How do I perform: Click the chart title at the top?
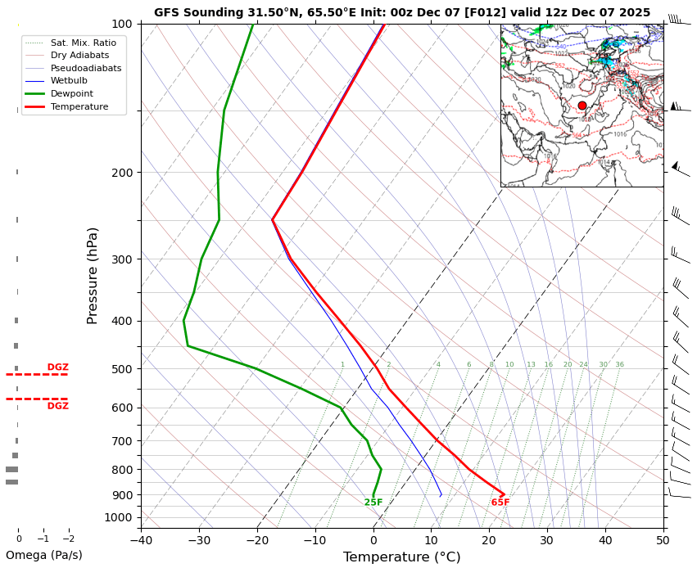click(x=401, y=12)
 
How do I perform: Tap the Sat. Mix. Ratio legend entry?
click(x=83, y=42)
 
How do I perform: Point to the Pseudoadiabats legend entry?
click(x=85, y=68)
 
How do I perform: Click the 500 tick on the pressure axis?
click(x=123, y=369)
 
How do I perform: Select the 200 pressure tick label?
click(x=123, y=173)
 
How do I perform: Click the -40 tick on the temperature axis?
click(x=141, y=539)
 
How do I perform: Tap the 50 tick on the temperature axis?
click(x=663, y=539)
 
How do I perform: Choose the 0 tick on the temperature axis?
click(x=373, y=539)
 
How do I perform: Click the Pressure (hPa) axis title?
click(x=93, y=275)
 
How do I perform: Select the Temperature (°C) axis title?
click(x=401, y=557)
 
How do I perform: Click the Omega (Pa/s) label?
click(x=44, y=555)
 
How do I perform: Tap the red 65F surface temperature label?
click(x=500, y=503)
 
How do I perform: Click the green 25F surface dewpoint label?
click(x=373, y=503)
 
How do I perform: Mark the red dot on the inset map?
click(x=582, y=106)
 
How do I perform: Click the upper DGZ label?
click(x=58, y=367)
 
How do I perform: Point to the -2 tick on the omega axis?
click(x=68, y=539)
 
